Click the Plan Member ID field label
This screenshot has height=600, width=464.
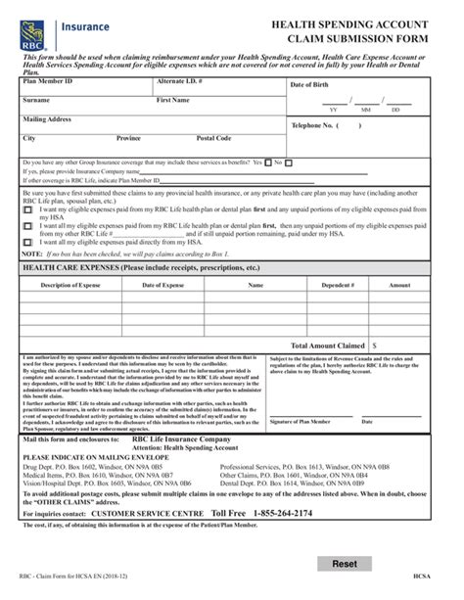[x=48, y=80]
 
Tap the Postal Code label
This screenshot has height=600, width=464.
[x=213, y=139]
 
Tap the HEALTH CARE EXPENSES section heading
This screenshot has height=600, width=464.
[x=128, y=265]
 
